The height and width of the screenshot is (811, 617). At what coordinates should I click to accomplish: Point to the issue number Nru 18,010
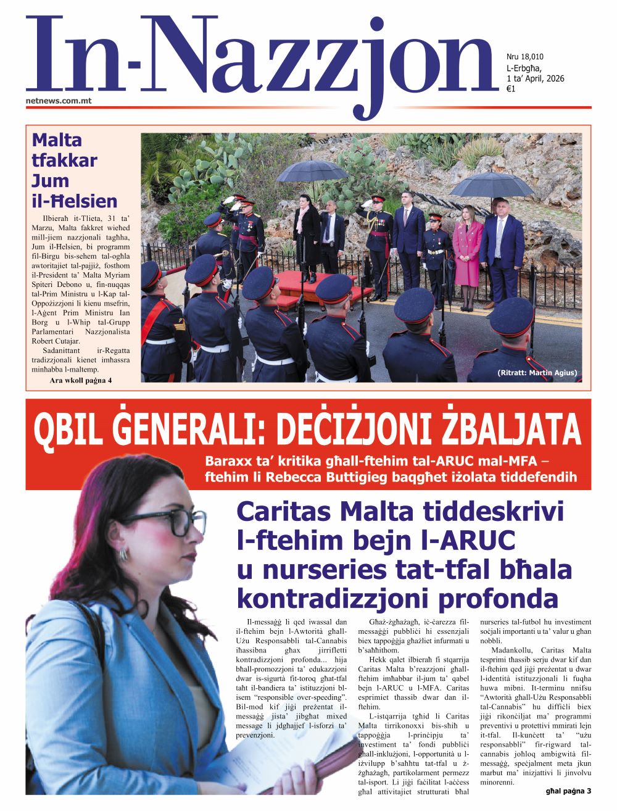tap(524, 57)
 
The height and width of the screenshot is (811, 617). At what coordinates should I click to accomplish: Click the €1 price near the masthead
tap(511, 89)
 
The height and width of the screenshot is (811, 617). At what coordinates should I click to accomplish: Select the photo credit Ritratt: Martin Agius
tap(537, 373)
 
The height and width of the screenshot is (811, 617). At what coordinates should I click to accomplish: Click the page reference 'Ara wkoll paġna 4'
tap(80, 380)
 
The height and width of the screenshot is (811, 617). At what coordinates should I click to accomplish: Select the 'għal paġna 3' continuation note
tap(568, 791)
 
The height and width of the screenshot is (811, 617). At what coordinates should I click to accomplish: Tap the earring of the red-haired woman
tap(123, 553)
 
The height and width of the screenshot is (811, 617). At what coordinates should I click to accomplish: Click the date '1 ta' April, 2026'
tap(535, 78)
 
